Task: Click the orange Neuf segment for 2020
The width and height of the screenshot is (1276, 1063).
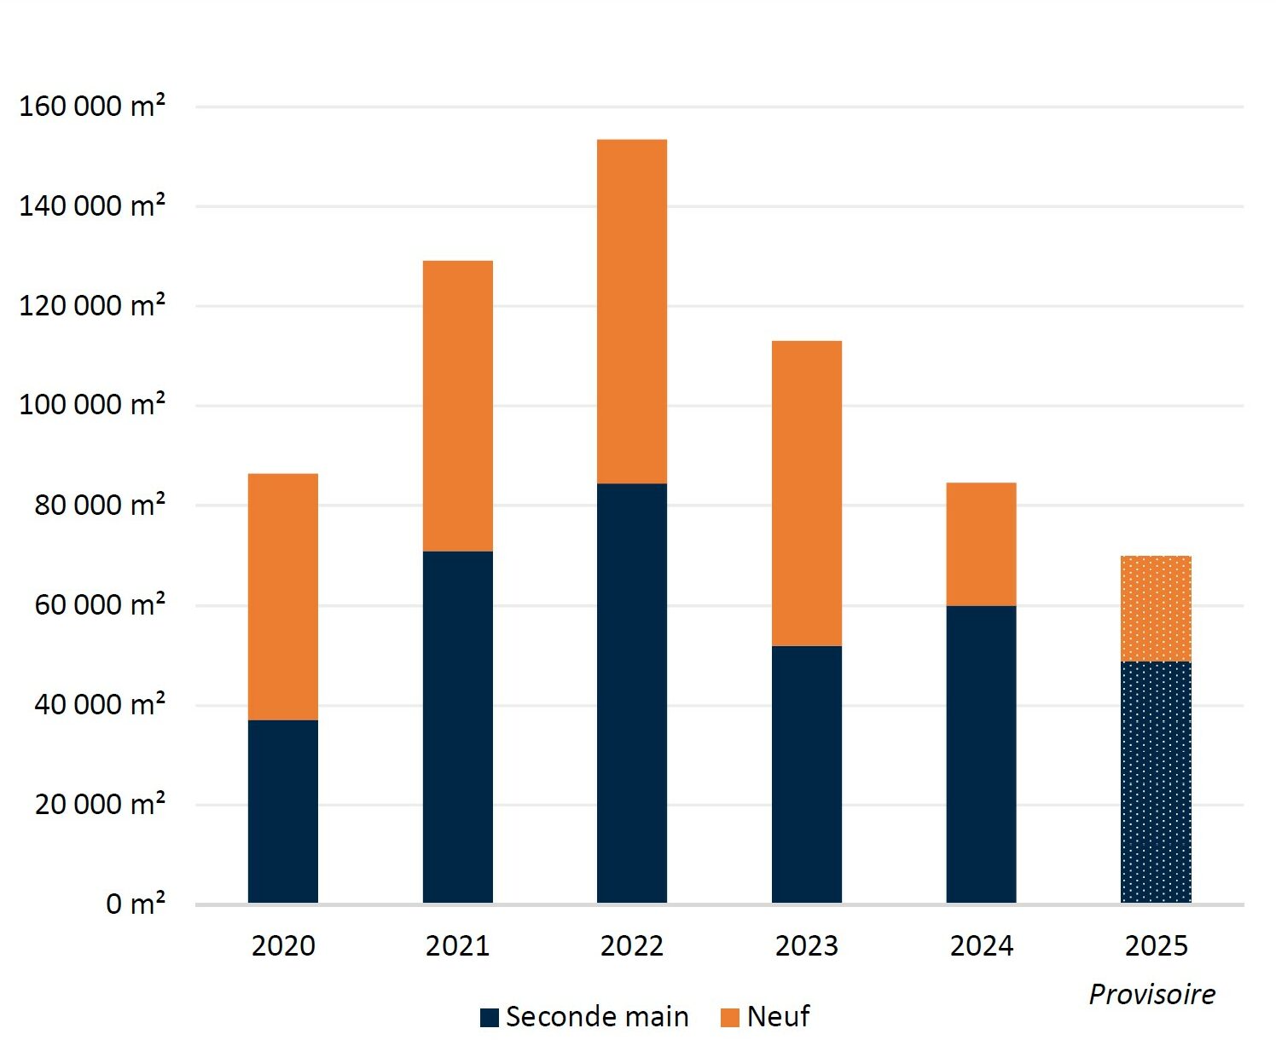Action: click(283, 597)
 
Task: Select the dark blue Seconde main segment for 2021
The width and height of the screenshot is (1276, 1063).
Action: click(458, 727)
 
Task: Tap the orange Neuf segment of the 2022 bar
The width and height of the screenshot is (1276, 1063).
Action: click(632, 312)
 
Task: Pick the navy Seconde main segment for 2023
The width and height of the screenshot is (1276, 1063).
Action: click(807, 774)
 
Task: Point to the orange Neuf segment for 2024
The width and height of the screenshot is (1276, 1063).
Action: click(982, 545)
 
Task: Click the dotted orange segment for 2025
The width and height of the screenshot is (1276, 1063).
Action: click(1157, 609)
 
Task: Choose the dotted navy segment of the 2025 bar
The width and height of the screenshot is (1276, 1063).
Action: click(1157, 782)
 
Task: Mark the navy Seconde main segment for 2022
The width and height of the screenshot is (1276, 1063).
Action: click(632, 693)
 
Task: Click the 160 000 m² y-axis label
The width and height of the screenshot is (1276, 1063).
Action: click(92, 106)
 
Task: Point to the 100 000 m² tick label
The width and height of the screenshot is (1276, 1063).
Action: click(92, 404)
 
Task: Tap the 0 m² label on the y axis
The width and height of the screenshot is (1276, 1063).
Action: click(136, 904)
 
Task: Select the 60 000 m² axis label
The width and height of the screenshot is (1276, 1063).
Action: click(100, 604)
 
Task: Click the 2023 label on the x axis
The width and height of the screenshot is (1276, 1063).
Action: click(807, 946)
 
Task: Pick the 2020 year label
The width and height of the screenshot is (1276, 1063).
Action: click(283, 946)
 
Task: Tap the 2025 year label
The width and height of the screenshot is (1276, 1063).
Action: click(1157, 946)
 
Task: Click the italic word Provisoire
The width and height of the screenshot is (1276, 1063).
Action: click(1152, 995)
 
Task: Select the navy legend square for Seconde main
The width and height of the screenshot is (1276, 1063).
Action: click(490, 1018)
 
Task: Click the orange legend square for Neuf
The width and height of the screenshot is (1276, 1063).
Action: click(729, 1018)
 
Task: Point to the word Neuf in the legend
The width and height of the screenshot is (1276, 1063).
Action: click(779, 1017)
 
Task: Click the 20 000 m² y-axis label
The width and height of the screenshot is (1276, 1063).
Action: click(100, 804)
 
